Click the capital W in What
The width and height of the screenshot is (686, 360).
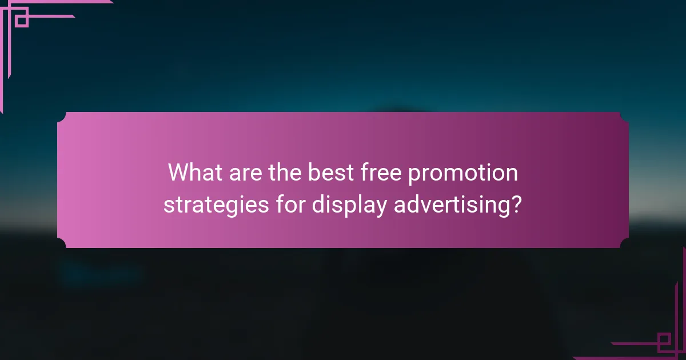(178, 173)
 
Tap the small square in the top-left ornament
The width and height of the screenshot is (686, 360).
(21, 21)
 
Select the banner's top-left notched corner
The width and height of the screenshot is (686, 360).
(62, 117)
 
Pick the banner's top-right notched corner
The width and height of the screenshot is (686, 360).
(624, 117)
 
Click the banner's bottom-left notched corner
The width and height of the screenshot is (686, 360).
(62, 243)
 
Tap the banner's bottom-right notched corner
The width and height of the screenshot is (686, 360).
(624, 243)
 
